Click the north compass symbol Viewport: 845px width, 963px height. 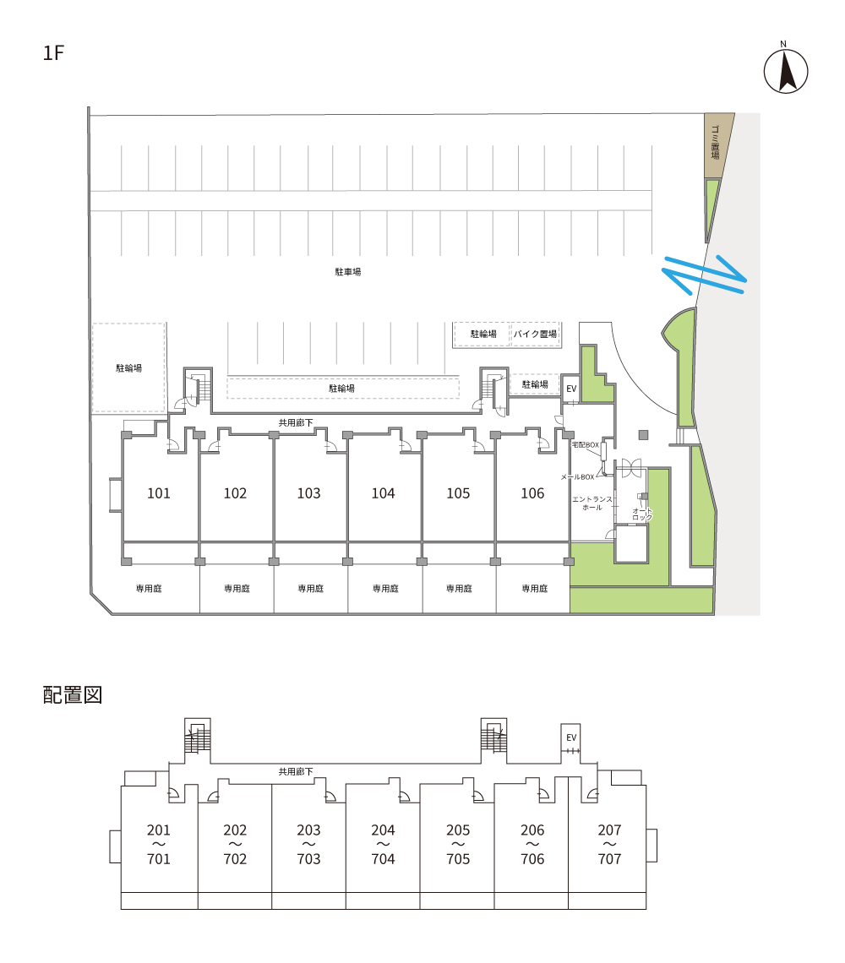click(x=786, y=71)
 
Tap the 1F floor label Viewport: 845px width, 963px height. click(x=54, y=53)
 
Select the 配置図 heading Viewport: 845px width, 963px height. click(x=72, y=695)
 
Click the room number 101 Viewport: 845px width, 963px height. click(x=159, y=493)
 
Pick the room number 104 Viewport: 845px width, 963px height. click(x=383, y=493)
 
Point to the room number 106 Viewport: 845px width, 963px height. click(x=532, y=493)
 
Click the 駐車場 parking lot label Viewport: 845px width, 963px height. click(x=348, y=272)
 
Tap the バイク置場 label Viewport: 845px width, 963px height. click(x=536, y=335)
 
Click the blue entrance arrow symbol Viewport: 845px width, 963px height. click(x=704, y=275)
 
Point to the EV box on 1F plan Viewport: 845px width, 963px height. click(x=571, y=389)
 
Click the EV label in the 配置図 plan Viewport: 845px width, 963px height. click(x=571, y=738)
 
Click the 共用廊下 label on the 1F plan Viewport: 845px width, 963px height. click(x=296, y=422)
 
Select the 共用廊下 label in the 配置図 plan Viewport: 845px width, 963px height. click(x=296, y=771)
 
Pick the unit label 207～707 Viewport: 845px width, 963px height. click(x=609, y=845)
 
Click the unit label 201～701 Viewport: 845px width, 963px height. click(x=159, y=845)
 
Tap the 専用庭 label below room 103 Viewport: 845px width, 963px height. click(x=310, y=588)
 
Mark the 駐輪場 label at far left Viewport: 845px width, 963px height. click(x=128, y=368)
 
